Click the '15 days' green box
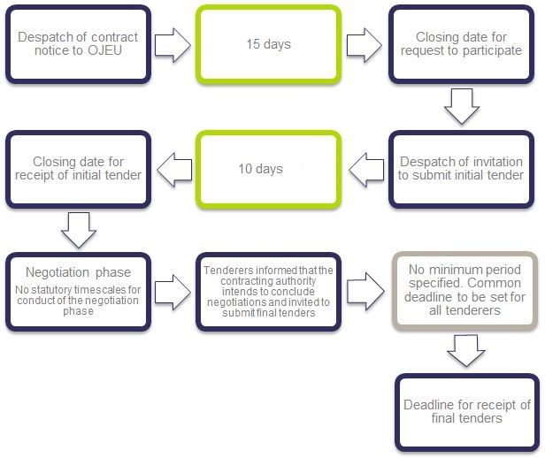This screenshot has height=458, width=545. tap(268, 44)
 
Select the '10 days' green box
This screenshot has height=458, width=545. tap(268, 170)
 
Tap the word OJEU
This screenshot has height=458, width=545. tap(104, 50)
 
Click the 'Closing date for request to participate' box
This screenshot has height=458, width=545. tap(461, 44)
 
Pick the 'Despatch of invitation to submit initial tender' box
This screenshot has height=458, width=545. tap(461, 170)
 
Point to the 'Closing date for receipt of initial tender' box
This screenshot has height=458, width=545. tap(78, 170)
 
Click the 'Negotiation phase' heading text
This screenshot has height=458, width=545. tap(78, 272)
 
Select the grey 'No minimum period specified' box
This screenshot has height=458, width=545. tap(465, 291)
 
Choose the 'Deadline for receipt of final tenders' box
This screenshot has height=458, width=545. tap(467, 413)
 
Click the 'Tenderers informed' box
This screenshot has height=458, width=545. tap(268, 292)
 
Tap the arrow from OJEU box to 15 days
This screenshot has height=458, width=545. tap(173, 45)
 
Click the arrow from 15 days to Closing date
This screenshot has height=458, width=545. tap(365, 45)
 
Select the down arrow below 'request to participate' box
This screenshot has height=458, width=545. tap(462, 106)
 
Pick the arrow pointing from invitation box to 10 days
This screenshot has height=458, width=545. tap(366, 170)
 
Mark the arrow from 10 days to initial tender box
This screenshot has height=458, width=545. tap(174, 170)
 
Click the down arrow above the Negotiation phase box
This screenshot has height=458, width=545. tap(79, 230)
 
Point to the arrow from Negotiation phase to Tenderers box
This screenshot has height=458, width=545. tap(173, 293)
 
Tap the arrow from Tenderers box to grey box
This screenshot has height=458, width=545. tap(365, 291)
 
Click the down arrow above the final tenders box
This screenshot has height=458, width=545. tap(466, 351)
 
